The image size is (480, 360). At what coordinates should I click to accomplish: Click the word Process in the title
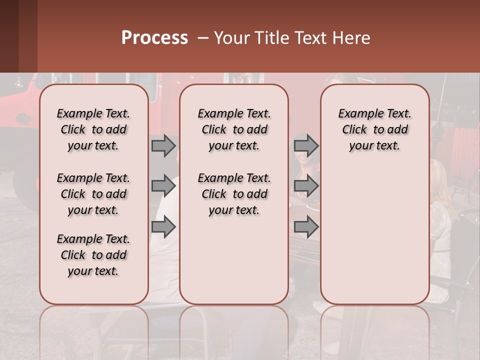(x=154, y=38)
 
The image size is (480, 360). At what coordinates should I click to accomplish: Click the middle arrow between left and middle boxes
(x=163, y=186)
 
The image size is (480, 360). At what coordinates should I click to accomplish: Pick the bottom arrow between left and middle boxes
(x=163, y=227)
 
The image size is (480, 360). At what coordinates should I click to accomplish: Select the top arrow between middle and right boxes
(x=306, y=145)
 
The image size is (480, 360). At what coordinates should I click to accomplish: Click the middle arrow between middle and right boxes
(x=306, y=186)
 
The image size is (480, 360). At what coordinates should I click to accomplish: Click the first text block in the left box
(x=93, y=129)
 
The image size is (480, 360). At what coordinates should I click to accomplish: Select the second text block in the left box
(x=93, y=194)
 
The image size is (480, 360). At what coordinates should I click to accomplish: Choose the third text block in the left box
(x=93, y=255)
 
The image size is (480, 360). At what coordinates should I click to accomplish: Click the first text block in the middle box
(x=234, y=129)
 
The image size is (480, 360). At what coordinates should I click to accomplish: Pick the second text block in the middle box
(x=234, y=194)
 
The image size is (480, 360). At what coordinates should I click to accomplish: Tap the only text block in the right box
(x=375, y=129)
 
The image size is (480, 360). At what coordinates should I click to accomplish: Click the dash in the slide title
(x=203, y=38)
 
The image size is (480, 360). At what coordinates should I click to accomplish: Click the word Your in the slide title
(x=232, y=38)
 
